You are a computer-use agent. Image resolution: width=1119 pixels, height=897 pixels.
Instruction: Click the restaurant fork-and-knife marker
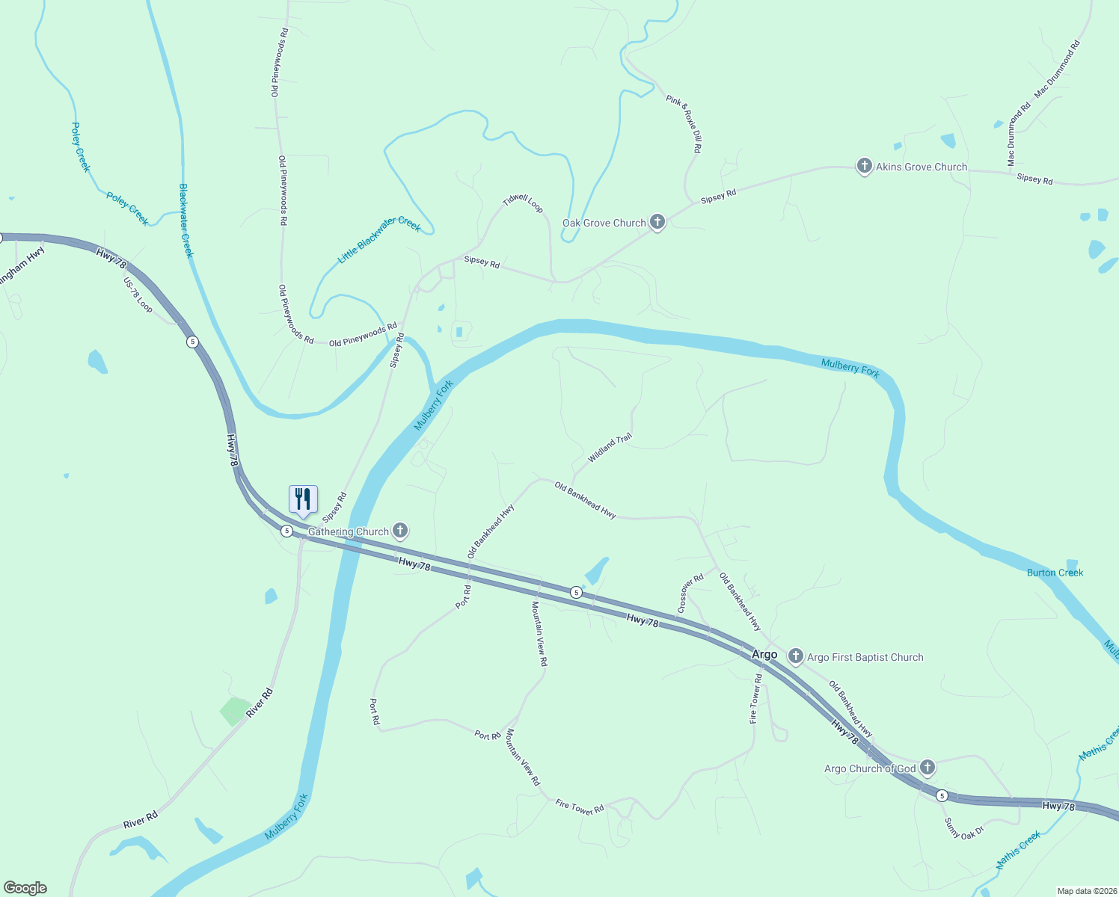[x=303, y=499]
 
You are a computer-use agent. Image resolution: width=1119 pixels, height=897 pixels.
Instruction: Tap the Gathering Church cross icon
[x=400, y=531]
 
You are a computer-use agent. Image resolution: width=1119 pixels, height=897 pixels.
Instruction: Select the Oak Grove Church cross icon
[x=657, y=222]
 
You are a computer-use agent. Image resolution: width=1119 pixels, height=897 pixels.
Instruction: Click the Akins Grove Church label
[x=921, y=167]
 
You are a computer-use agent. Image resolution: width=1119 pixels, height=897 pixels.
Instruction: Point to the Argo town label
[x=764, y=654]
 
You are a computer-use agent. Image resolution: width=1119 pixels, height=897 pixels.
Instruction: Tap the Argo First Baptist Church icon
[x=796, y=657]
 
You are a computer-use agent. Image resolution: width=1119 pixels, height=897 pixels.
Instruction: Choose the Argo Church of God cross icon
[x=928, y=768]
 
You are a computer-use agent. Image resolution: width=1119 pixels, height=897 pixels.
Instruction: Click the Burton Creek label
[x=1055, y=573]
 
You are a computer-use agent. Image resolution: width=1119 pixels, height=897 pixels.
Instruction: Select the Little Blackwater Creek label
[x=379, y=239]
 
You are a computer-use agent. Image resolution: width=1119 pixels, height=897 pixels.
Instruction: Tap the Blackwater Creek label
[x=186, y=221]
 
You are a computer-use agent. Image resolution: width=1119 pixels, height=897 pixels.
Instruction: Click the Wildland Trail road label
[x=610, y=448]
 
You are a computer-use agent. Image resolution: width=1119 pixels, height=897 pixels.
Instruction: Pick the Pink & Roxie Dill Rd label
[x=684, y=123]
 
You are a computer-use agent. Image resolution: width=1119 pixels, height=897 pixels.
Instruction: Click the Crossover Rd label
[x=690, y=594]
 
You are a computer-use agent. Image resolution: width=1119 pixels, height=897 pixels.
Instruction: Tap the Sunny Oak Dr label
[x=963, y=828]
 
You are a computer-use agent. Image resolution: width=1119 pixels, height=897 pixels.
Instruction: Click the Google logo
[x=25, y=888]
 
